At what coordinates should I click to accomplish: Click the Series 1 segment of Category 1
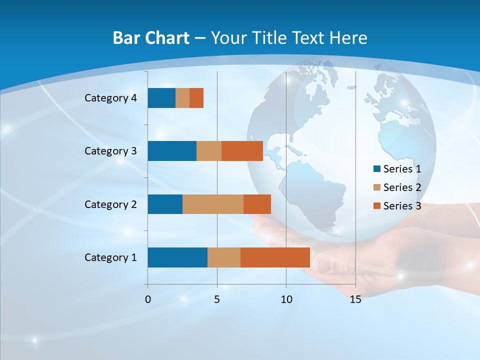click(x=177, y=257)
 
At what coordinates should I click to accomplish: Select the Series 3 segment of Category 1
click(x=275, y=257)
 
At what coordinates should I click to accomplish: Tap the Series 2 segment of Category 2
click(x=213, y=204)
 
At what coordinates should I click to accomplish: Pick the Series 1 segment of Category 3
click(x=172, y=151)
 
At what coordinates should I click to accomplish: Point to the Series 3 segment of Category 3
click(x=242, y=151)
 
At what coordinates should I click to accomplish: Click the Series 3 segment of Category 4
click(x=196, y=98)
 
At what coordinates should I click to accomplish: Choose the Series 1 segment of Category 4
click(x=161, y=98)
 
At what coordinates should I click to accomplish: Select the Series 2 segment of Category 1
click(x=224, y=257)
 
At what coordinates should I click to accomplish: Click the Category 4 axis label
click(x=110, y=98)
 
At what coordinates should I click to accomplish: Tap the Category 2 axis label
click(x=110, y=204)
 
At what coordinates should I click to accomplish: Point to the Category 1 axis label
click(x=110, y=257)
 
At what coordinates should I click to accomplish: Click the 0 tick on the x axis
click(x=148, y=299)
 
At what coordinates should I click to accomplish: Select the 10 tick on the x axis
click(x=286, y=299)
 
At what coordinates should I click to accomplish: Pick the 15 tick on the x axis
click(x=355, y=299)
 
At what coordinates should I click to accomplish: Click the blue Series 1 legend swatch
click(x=376, y=169)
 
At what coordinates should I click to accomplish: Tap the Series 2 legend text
click(x=402, y=187)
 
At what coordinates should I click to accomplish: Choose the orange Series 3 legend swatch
click(x=376, y=206)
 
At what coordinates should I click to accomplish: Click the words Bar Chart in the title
click(x=151, y=38)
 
